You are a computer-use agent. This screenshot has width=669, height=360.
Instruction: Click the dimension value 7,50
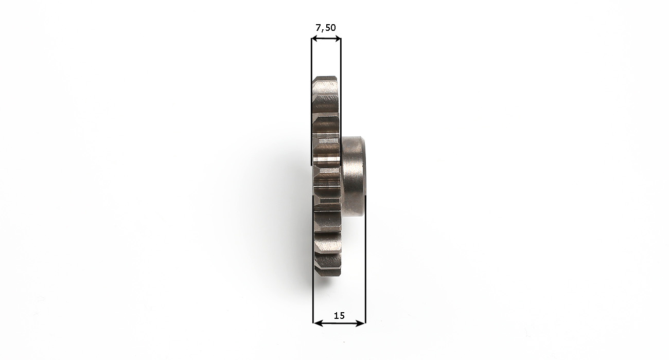click(326, 28)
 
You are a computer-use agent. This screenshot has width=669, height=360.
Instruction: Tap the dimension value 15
click(339, 316)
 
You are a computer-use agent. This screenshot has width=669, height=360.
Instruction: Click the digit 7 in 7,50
click(319, 28)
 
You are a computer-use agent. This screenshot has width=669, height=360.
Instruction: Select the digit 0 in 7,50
click(333, 28)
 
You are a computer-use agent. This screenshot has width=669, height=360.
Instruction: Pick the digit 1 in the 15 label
click(336, 316)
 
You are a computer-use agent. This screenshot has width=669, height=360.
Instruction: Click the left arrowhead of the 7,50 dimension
click(314, 39)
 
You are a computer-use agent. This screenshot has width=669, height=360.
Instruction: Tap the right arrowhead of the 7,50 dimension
click(338, 39)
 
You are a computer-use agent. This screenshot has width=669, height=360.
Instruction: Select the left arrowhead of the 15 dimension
click(317, 323)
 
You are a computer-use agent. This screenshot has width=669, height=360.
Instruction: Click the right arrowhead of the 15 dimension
click(361, 323)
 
